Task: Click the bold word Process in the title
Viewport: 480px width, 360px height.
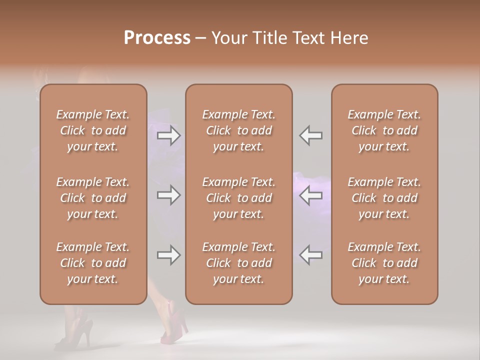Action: (x=157, y=38)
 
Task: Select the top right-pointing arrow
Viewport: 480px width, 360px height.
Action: (x=169, y=135)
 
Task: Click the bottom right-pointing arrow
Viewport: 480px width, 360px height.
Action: (x=169, y=255)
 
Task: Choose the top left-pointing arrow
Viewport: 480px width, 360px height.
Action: (x=311, y=135)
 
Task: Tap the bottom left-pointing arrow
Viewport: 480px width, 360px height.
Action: (x=311, y=255)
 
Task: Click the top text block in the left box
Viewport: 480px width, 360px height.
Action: (x=93, y=130)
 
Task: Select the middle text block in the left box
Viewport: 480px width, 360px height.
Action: (x=93, y=198)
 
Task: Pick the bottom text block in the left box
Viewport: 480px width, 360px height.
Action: (x=93, y=263)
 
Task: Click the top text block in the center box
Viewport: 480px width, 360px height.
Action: (x=238, y=130)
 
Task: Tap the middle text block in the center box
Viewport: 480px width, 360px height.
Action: (x=238, y=198)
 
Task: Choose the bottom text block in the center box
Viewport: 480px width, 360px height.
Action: (x=238, y=263)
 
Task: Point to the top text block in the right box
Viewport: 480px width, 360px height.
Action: (x=384, y=130)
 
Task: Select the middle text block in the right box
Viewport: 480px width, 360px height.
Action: (x=384, y=198)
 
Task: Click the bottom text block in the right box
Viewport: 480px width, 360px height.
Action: (x=384, y=263)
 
